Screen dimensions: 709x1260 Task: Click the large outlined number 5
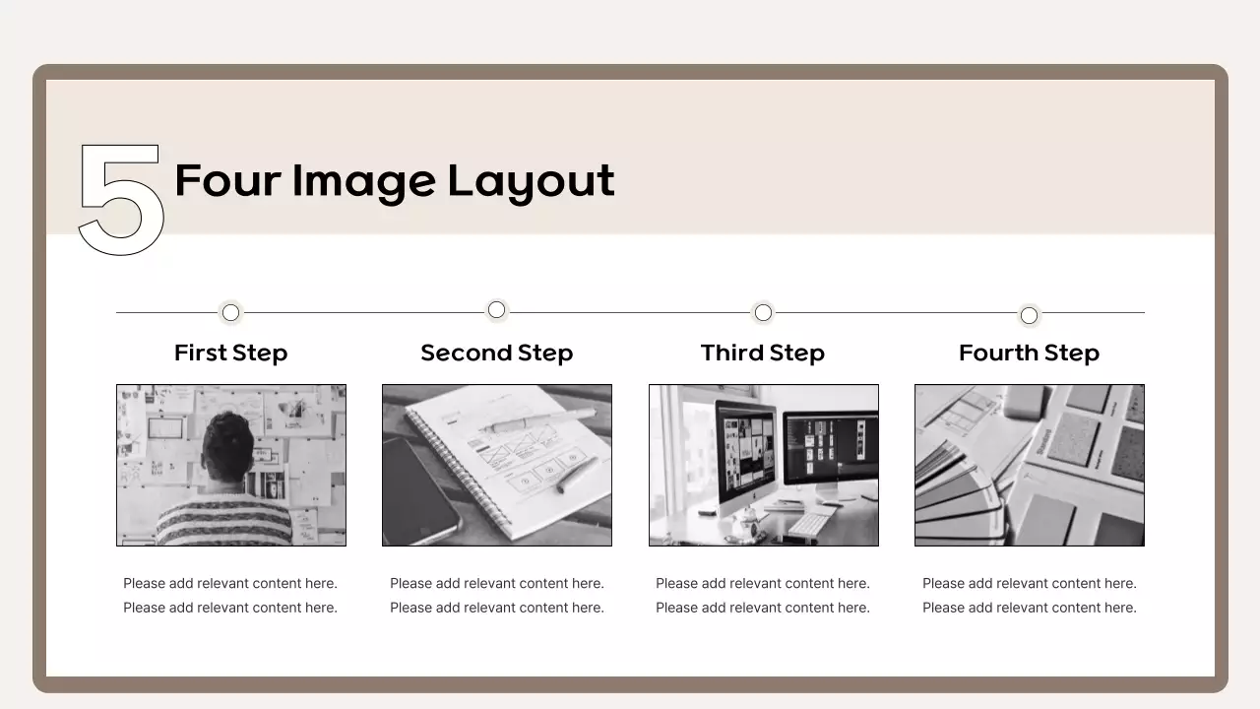coord(120,200)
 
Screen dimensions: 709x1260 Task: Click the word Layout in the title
coord(531,182)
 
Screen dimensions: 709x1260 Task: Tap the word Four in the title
coord(226,181)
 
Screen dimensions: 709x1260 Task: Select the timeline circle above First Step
coord(230,312)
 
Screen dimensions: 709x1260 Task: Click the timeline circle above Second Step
coord(496,310)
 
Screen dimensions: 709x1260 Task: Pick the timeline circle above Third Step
coord(763,312)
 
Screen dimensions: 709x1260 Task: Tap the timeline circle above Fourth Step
coord(1029,315)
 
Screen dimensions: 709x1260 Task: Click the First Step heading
coord(230,353)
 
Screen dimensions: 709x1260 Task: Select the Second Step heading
coord(496,353)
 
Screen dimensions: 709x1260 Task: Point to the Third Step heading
coord(763,353)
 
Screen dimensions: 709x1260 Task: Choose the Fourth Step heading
coord(1029,353)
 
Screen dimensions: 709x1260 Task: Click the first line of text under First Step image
coord(230,583)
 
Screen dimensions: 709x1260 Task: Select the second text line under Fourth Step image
coord(1029,608)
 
